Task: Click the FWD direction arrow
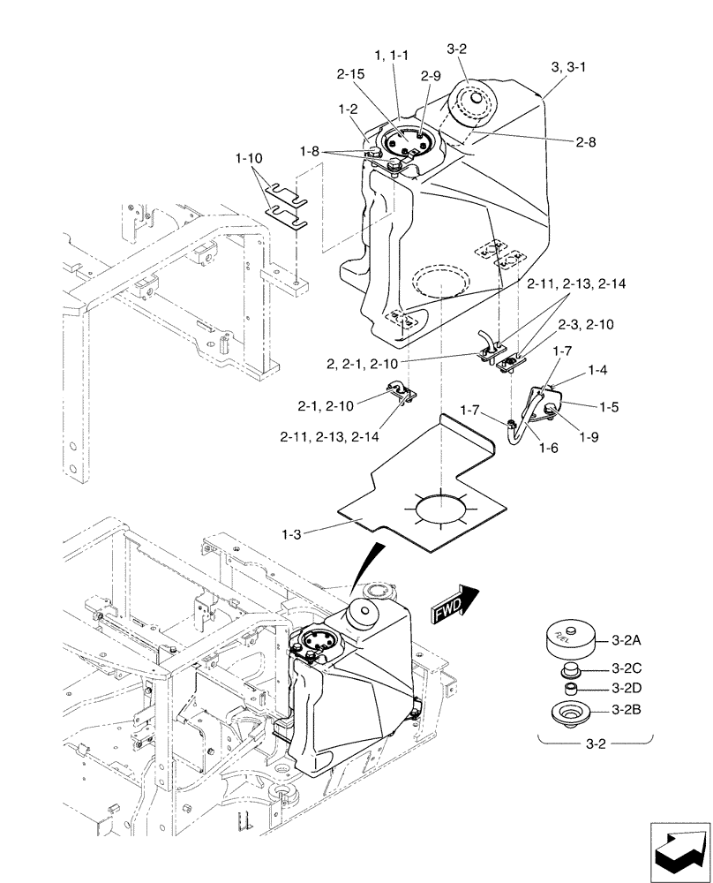[x=454, y=606]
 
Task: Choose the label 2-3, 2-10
[x=587, y=325]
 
